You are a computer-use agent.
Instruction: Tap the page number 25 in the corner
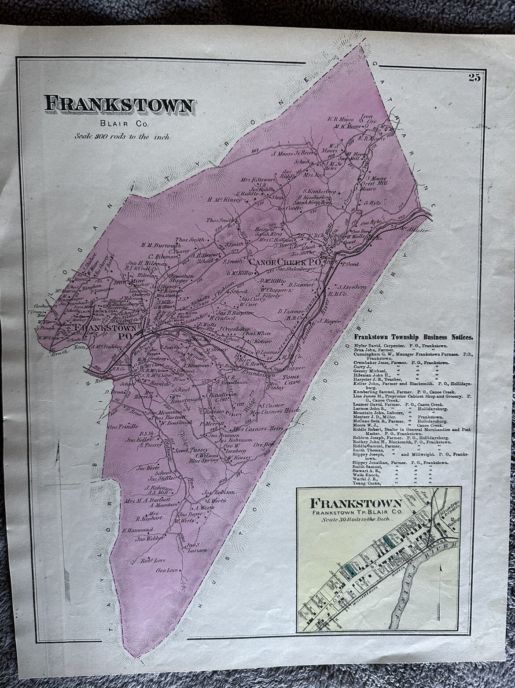474,78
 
